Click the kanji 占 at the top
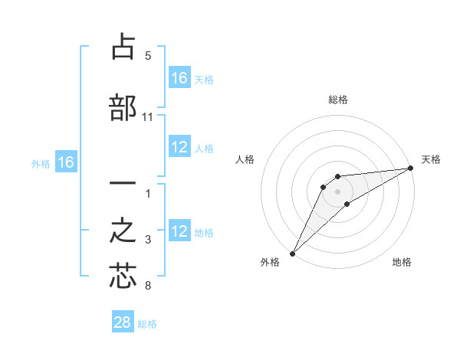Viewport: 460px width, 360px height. pyautogui.click(x=123, y=47)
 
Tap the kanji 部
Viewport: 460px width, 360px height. pyautogui.click(x=123, y=108)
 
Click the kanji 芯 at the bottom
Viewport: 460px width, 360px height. pyautogui.click(x=123, y=277)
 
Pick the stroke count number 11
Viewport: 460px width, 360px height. pyautogui.click(x=148, y=117)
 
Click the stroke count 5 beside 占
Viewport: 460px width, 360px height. pyautogui.click(x=148, y=56)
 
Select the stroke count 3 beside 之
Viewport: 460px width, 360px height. pyautogui.click(x=148, y=241)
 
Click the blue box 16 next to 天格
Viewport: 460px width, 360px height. pyautogui.click(x=179, y=78)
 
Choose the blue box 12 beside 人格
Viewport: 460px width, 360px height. pyautogui.click(x=179, y=147)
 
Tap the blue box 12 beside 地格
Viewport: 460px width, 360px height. pyautogui.click(x=179, y=231)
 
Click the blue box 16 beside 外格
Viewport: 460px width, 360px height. pyautogui.click(x=66, y=162)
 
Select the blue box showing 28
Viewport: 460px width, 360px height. pyautogui.click(x=123, y=322)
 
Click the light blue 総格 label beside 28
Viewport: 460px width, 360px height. pyautogui.click(x=147, y=324)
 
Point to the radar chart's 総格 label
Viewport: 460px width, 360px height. pyautogui.click(x=337, y=100)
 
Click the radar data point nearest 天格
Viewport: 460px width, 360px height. pyautogui.click(x=411, y=169)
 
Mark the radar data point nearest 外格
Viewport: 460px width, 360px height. pyautogui.click(x=292, y=253)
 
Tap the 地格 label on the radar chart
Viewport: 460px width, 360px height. pyautogui.click(x=402, y=263)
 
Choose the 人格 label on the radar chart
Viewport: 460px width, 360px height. pyautogui.click(x=245, y=159)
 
